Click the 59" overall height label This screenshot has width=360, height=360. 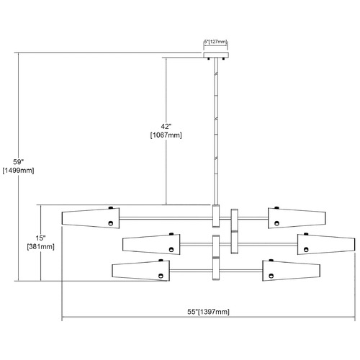coord(18,162)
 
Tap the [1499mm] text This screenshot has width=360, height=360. coord(18,171)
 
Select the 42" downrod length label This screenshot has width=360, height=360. coord(166,126)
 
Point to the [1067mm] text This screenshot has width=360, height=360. coord(166,135)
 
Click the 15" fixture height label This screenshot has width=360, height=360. coord(40,238)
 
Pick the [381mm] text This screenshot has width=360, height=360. coord(40,246)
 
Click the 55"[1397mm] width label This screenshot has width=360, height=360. coord(208,312)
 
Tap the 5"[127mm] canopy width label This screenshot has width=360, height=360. coord(215,42)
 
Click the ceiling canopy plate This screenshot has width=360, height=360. coord(216,55)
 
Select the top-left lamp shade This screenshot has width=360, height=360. coord(91,218)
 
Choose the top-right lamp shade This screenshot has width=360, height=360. coord(297,218)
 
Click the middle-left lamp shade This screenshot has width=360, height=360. coord(151,244)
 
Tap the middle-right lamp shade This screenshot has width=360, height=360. coord(326,244)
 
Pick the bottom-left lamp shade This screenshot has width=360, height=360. coord(141,271)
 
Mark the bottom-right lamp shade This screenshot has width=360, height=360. coord(291,271)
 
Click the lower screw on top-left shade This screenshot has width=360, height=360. coord(110,223)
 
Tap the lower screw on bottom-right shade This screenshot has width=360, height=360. coord(271,276)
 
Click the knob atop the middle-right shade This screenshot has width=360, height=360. coord(306,234)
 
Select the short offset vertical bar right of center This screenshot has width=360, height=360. coord(235,231)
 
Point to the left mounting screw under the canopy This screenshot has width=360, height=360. coord(209,58)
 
